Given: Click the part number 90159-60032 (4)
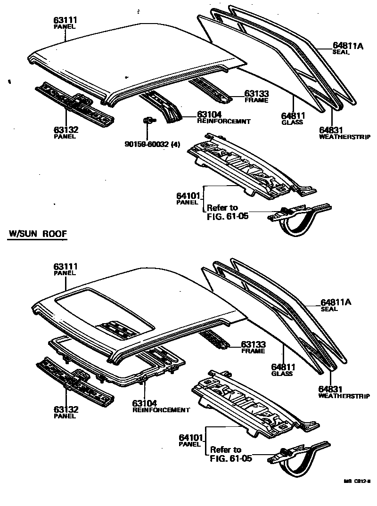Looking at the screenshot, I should coord(152,145).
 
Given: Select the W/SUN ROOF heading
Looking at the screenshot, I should coord(37,234).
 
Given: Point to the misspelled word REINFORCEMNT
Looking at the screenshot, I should coord(223,121).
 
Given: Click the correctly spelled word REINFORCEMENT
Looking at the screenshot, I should coord(161,410).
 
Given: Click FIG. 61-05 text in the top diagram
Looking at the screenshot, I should coord(227,217).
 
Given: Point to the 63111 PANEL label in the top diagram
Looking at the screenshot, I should coord(66,22).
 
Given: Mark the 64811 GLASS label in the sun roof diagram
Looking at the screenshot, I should coord(282,370).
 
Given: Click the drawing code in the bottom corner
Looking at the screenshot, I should coord(356,482).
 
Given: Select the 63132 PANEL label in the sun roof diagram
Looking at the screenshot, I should coord(66,412).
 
